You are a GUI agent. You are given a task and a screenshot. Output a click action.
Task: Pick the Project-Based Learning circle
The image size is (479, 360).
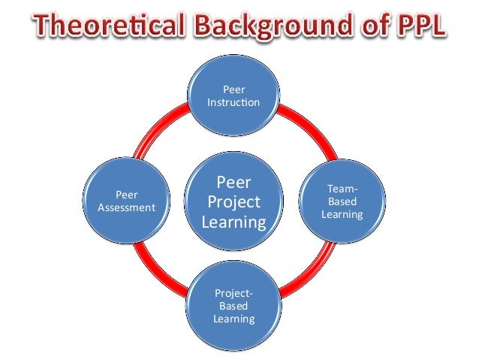[233, 307]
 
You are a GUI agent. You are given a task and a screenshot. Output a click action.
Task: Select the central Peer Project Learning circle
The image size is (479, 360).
[233, 201]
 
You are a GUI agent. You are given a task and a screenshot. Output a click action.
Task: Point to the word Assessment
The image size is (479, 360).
[125, 208]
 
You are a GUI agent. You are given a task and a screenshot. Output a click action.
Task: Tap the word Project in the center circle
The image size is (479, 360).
[233, 202]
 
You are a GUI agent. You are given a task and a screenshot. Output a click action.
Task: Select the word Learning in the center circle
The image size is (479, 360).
[233, 222]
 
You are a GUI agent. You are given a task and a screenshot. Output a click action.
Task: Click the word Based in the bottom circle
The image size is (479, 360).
[233, 307]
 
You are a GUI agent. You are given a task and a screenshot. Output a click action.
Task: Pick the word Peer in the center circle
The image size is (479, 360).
[233, 183]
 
